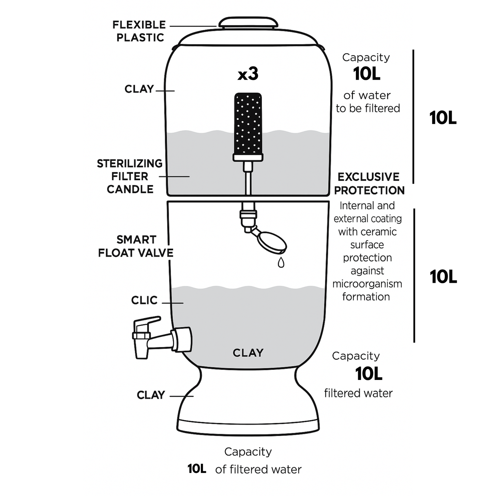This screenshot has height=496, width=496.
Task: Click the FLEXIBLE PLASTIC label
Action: [x=139, y=31]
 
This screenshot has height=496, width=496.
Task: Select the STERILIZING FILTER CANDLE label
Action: [x=130, y=176]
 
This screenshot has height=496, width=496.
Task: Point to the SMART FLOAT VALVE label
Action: [x=136, y=246]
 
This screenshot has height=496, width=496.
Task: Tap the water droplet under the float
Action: [x=281, y=263]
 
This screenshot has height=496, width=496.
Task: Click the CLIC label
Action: [x=144, y=300]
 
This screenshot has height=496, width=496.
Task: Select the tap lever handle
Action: [x=147, y=323]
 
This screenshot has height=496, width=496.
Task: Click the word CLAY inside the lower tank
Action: [x=248, y=353]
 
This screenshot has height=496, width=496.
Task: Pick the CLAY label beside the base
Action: [x=151, y=395]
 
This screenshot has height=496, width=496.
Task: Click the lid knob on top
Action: [x=248, y=23]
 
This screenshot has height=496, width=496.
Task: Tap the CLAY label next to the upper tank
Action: [x=139, y=89]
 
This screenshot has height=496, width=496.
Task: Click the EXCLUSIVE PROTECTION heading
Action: [x=369, y=184]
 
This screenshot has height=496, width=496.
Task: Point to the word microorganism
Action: [x=367, y=284]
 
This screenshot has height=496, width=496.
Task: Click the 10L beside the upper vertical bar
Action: [x=443, y=118]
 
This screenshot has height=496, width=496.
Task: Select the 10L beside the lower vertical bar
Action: [x=443, y=277]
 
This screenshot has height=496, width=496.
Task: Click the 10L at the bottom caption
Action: [x=197, y=469]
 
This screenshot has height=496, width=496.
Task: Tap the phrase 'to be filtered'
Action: [x=368, y=108]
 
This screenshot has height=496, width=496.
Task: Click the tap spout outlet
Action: [x=142, y=354]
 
